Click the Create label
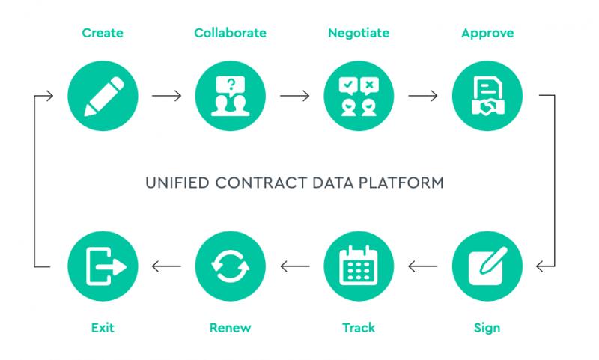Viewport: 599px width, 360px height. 103,33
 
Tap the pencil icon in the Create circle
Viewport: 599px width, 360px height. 104,97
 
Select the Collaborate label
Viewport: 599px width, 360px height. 230,33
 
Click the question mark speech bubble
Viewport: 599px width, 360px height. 231,85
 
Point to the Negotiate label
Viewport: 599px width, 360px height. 359,33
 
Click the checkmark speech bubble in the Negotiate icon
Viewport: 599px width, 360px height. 348,85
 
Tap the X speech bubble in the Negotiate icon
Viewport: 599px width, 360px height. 369,85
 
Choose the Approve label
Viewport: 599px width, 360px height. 487,34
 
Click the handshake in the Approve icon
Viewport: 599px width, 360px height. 488,107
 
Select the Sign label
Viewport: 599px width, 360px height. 487,328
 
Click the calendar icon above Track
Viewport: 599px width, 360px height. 359,266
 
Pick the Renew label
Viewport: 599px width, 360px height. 230,328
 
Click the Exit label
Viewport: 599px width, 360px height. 103,328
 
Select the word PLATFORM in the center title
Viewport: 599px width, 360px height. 401,183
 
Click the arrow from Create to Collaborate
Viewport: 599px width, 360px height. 166,96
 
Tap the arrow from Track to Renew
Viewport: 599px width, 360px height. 295,266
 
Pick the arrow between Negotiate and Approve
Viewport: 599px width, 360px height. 423,96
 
